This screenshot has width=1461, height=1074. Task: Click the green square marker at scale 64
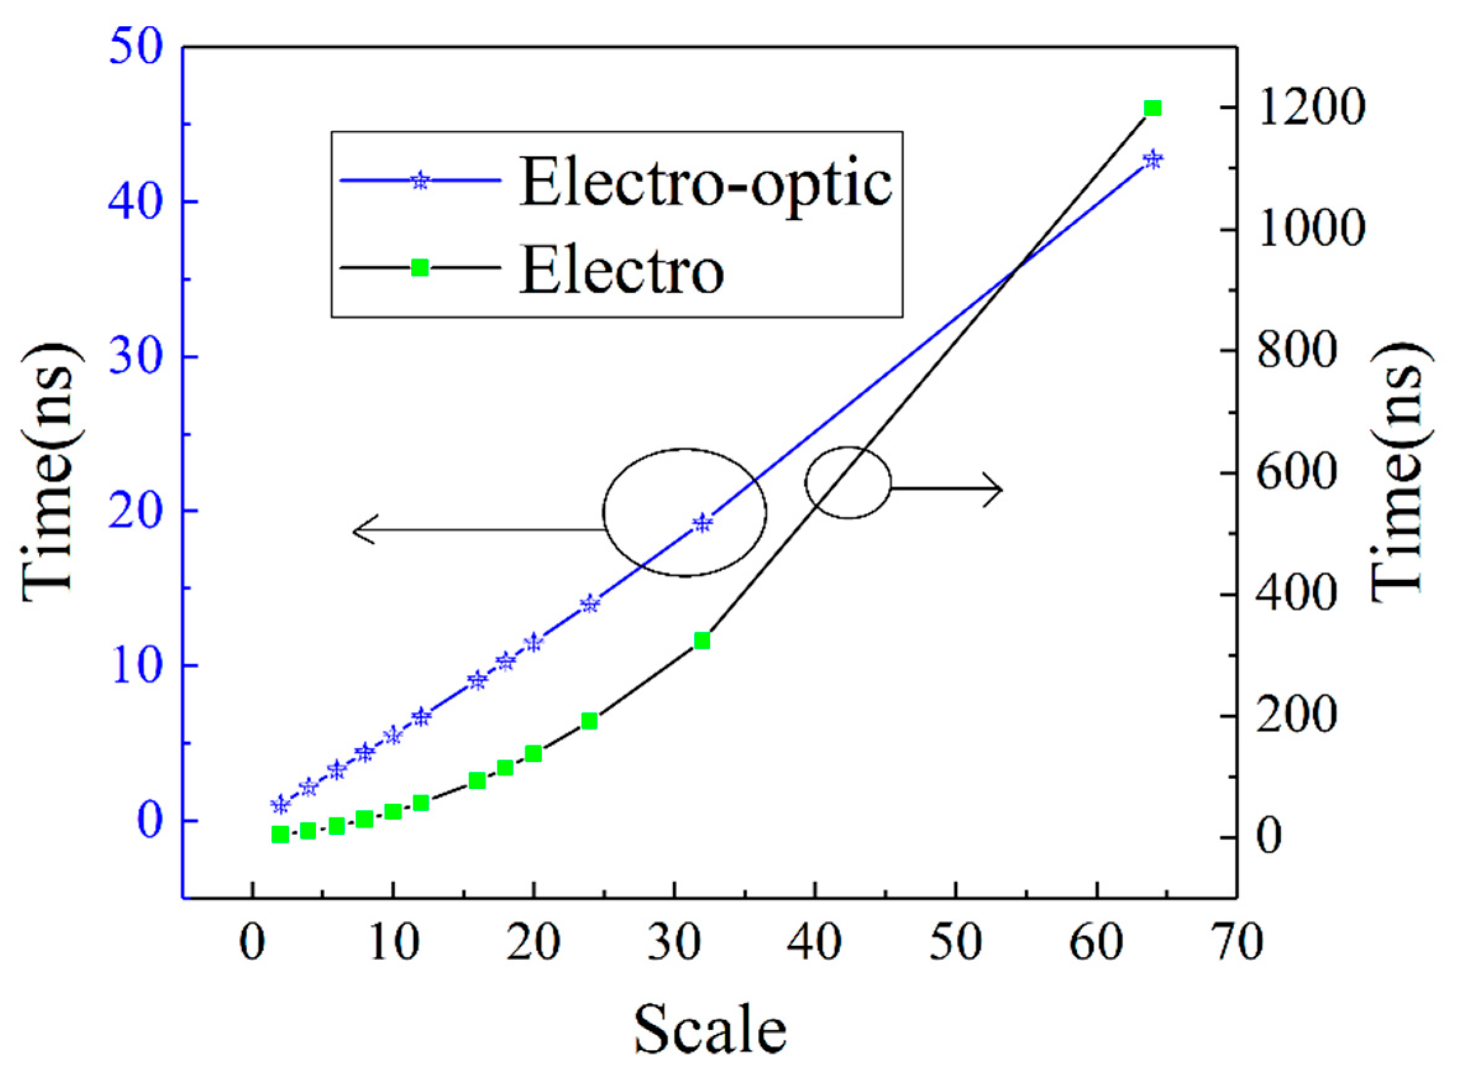pos(1152,108)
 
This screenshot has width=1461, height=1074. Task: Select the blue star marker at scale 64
pos(1152,160)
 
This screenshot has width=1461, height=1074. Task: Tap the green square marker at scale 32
pos(702,640)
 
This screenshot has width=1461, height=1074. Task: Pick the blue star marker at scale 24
pos(589,603)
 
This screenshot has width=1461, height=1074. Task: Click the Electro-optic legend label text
pos(705,184)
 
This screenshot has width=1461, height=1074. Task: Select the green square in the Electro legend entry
pos(421,267)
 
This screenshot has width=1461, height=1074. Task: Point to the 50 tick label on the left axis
pos(135,48)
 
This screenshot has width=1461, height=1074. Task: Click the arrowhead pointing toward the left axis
pos(361,530)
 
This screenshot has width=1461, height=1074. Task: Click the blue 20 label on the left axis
pos(135,512)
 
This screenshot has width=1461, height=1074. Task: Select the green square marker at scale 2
pos(280,835)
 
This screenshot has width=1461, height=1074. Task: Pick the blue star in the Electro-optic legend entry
pos(421,180)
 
